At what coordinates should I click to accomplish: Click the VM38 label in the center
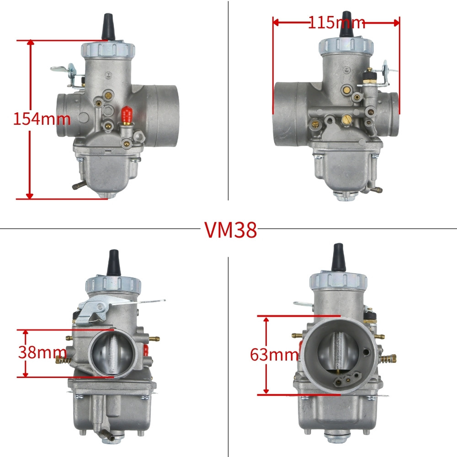230,230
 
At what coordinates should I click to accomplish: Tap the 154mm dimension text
42,119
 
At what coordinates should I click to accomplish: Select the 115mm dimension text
336,22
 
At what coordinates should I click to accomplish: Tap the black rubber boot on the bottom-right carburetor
338,257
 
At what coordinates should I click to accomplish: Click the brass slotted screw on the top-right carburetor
346,120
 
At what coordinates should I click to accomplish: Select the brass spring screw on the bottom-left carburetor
63,360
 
